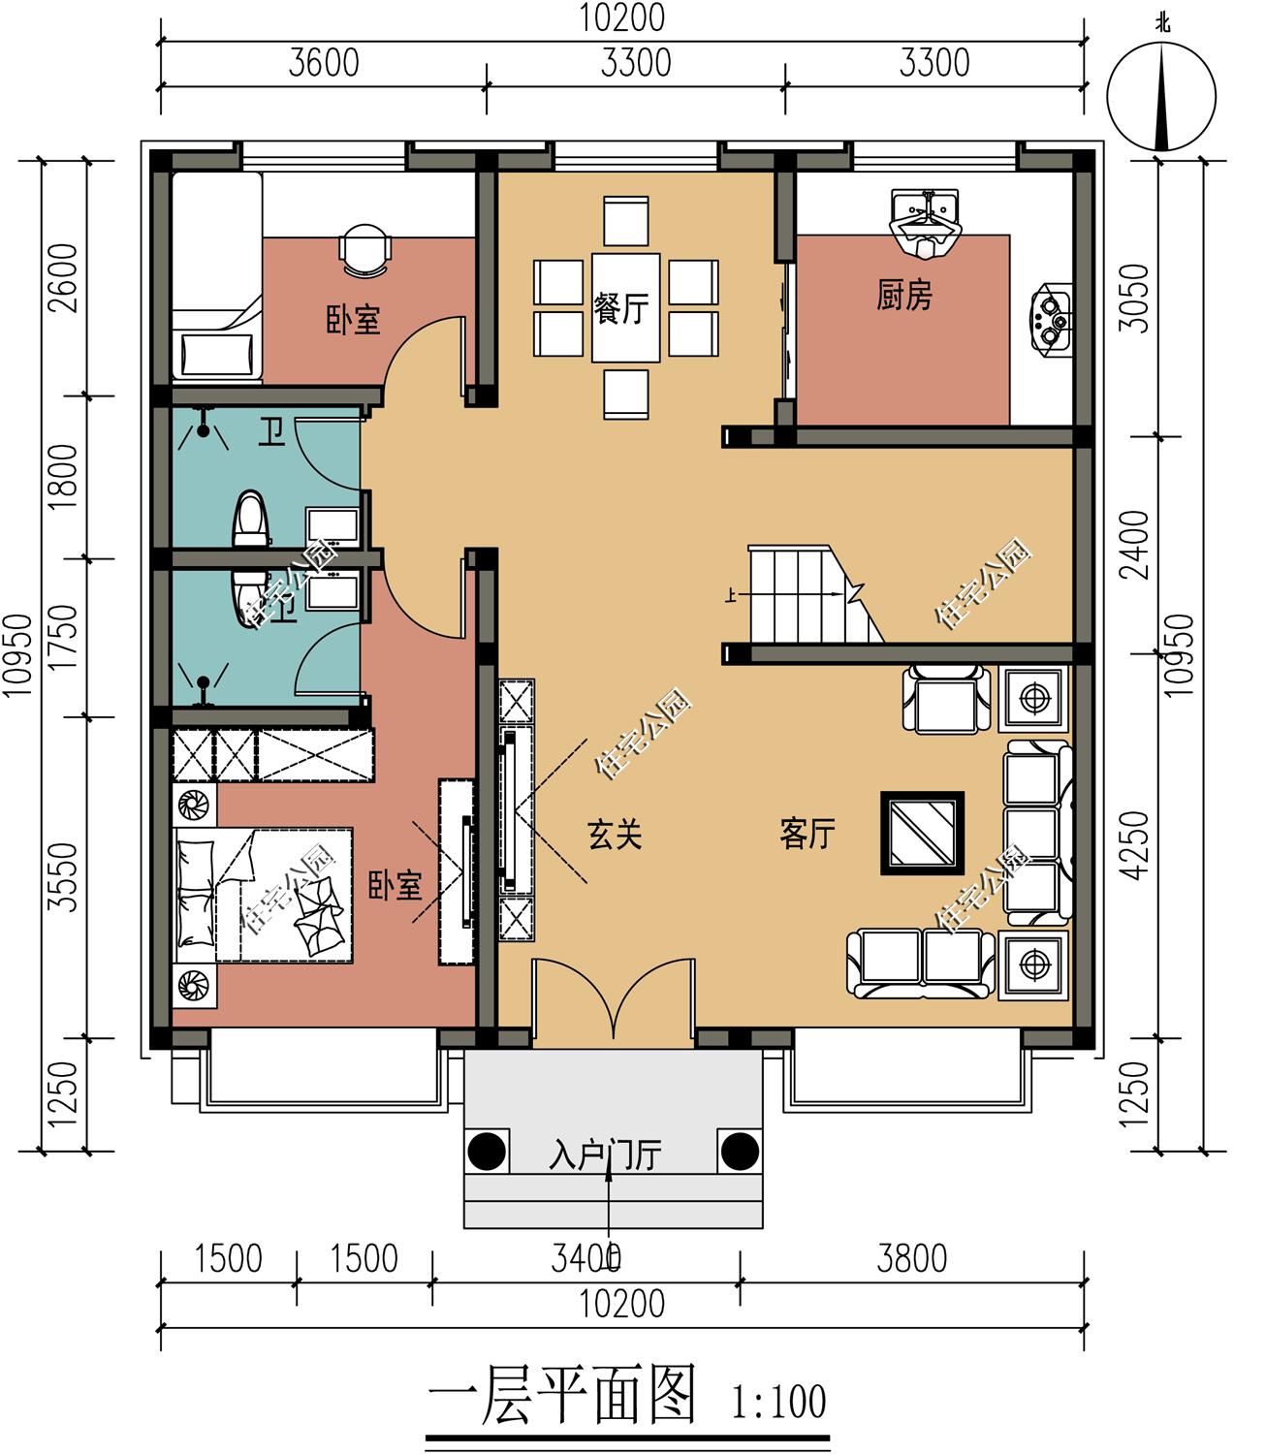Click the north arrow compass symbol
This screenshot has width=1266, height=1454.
1161,96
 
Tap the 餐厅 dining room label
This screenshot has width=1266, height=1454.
621,308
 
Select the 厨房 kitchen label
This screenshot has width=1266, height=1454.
903,295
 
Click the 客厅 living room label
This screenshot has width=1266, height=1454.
807,834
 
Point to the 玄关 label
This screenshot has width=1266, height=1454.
615,834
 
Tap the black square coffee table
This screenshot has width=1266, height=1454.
922,833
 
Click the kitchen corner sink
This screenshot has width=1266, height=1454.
925,222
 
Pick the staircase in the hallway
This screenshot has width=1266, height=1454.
815,595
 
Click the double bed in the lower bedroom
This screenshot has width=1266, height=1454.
264,896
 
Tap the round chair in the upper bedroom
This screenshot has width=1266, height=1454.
364,249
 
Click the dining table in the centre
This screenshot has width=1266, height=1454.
625,308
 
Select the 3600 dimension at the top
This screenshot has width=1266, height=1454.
324,63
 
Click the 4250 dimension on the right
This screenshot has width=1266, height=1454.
1134,845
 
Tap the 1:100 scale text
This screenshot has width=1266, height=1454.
778,1402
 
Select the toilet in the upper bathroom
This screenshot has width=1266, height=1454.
250,518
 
